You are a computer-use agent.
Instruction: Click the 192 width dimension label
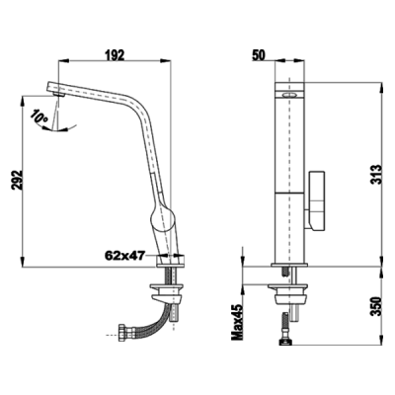(116, 56)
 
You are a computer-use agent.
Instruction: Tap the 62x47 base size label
(123, 255)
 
